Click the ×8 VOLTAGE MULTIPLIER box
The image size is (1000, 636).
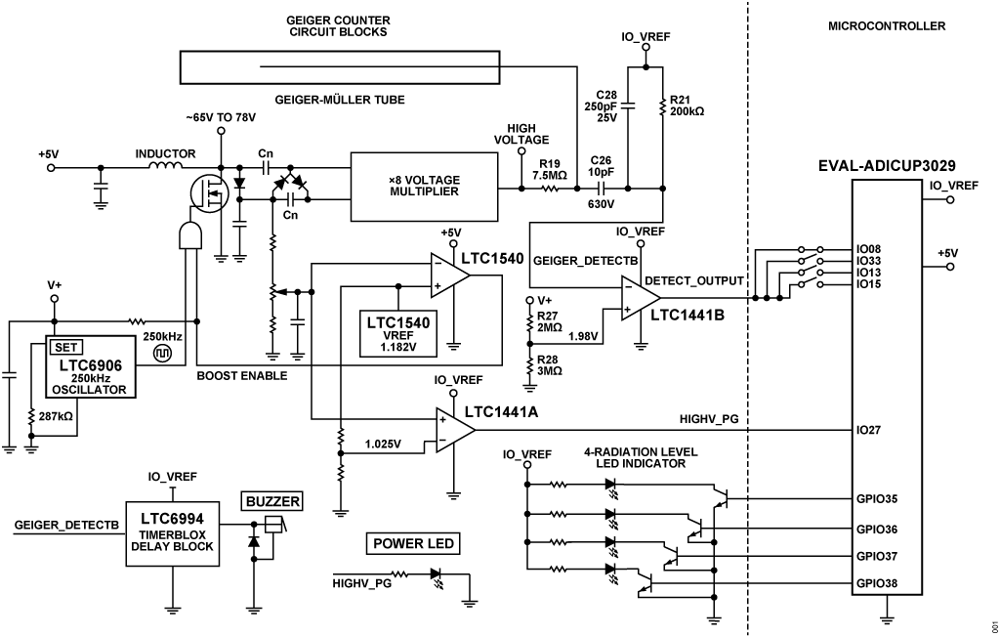(424, 186)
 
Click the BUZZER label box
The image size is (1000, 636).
(272, 502)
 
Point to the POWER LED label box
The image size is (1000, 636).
(411, 544)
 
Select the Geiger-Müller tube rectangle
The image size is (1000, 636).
(339, 68)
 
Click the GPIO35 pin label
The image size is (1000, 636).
(878, 499)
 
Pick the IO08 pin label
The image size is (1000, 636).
(868, 248)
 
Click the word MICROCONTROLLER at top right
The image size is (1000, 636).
(886, 26)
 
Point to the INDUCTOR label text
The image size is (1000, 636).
(165, 153)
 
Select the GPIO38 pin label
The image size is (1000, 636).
(878, 583)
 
